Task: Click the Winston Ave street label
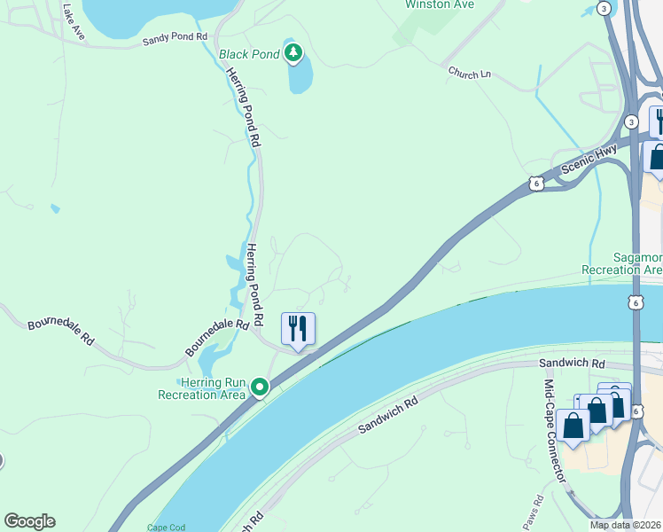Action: point(439,4)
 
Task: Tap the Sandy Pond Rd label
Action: point(175,40)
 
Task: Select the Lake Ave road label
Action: point(74,21)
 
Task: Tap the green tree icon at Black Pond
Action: point(293,53)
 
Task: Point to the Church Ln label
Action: point(469,73)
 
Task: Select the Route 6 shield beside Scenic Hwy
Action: point(536,184)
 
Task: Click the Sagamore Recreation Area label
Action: point(621,262)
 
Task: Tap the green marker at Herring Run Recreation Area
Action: point(260,387)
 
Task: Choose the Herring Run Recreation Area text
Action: point(201,388)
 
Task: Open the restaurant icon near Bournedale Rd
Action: point(298,329)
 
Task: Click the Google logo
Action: point(29,521)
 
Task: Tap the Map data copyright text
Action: point(625,525)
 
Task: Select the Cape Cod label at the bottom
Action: point(167,528)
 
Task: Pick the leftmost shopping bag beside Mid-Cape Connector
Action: point(573,425)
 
